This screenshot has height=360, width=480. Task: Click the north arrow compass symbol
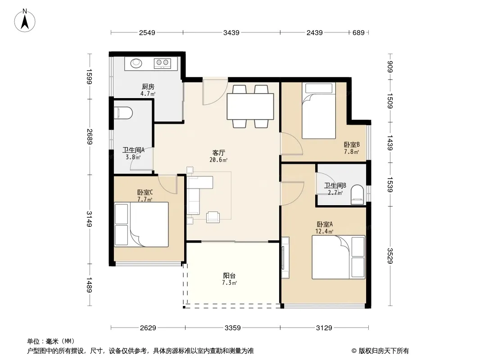click(25, 21)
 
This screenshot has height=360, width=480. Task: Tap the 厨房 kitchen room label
click(148, 87)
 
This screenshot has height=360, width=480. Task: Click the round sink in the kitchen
click(136, 63)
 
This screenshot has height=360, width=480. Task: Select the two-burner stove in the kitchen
click(162, 63)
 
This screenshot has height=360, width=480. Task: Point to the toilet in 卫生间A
click(123, 112)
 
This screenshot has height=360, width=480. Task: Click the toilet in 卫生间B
click(357, 194)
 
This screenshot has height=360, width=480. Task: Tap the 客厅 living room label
click(219, 153)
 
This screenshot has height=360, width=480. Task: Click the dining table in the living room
click(250, 107)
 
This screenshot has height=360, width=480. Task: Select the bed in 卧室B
click(319, 111)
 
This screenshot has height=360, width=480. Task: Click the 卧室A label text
click(325, 224)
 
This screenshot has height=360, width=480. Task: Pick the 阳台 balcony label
click(229, 275)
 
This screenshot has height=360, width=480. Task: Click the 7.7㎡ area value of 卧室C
click(145, 199)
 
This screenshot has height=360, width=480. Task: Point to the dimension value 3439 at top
click(231, 32)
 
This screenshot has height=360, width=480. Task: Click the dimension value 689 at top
click(358, 32)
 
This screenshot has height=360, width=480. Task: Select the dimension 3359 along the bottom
click(233, 328)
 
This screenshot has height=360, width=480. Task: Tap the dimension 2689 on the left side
click(90, 136)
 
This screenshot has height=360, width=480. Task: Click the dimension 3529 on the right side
click(389, 256)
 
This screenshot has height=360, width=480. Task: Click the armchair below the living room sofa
click(213, 217)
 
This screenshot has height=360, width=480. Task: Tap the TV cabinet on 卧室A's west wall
click(285, 257)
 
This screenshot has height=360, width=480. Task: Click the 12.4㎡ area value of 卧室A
click(324, 232)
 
